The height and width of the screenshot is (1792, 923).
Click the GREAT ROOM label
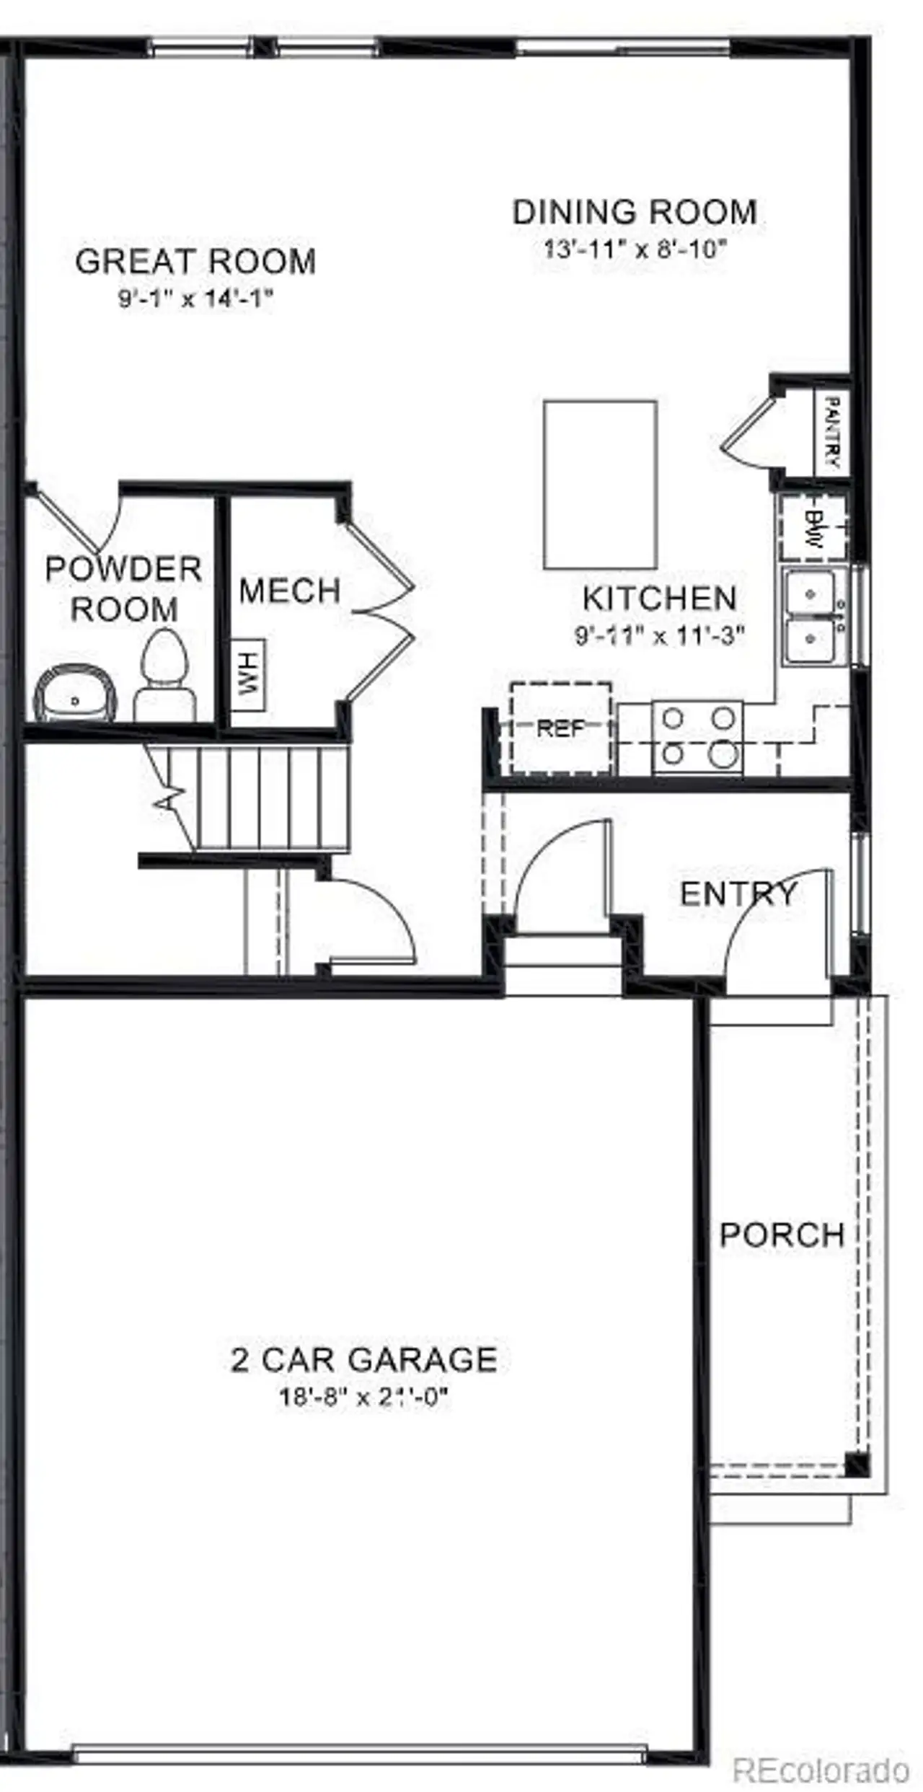(x=195, y=261)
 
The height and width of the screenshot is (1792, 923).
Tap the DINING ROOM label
(x=635, y=212)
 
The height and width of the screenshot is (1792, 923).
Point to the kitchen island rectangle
(x=600, y=485)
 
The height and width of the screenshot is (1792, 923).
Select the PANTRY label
(x=831, y=432)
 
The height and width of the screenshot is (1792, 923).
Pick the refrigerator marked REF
(x=561, y=728)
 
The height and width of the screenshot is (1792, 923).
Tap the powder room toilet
(x=164, y=676)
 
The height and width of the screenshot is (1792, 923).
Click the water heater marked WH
(x=248, y=674)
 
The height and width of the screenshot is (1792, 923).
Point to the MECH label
(x=290, y=591)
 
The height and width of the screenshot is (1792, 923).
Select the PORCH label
(x=782, y=1235)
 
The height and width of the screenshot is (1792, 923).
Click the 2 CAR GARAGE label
(x=364, y=1360)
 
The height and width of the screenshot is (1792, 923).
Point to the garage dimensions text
(x=364, y=1398)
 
